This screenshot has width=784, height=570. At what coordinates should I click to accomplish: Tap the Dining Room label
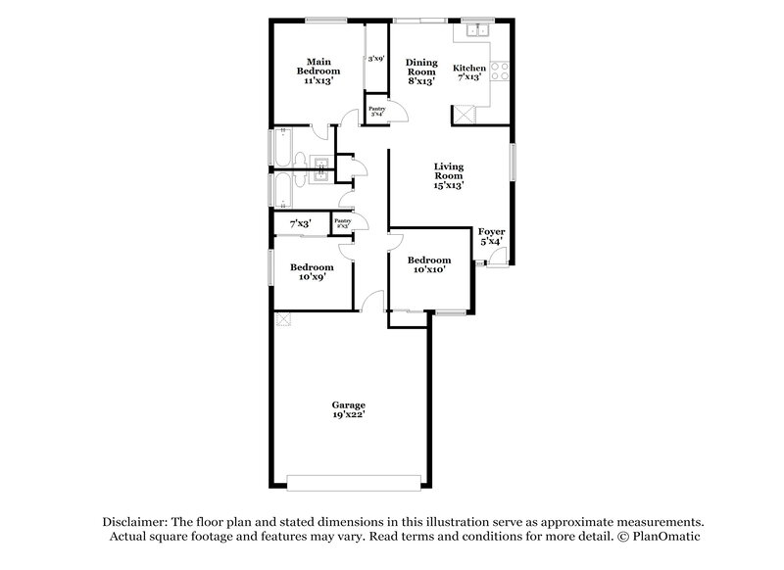tap(421, 71)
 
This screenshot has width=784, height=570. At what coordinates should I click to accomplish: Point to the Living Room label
tap(449, 175)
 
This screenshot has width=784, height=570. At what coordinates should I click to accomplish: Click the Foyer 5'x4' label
tap(491, 236)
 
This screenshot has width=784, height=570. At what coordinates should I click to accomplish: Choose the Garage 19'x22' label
tap(348, 409)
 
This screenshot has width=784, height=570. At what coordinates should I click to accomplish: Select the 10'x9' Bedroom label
tap(311, 271)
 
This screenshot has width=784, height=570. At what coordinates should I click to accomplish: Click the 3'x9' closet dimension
tap(374, 60)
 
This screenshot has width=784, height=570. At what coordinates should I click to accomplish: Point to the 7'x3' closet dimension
tap(300, 224)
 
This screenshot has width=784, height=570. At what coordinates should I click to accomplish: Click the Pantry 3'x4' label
tap(375, 111)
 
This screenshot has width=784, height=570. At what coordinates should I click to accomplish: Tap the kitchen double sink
tap(477, 30)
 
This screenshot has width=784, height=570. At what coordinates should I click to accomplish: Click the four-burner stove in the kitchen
tap(498, 71)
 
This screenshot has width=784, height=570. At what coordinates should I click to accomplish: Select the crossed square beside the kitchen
tap(462, 115)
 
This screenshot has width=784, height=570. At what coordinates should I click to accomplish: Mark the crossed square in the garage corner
tap(282, 318)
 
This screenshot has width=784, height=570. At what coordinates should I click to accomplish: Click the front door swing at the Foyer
tap(498, 258)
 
